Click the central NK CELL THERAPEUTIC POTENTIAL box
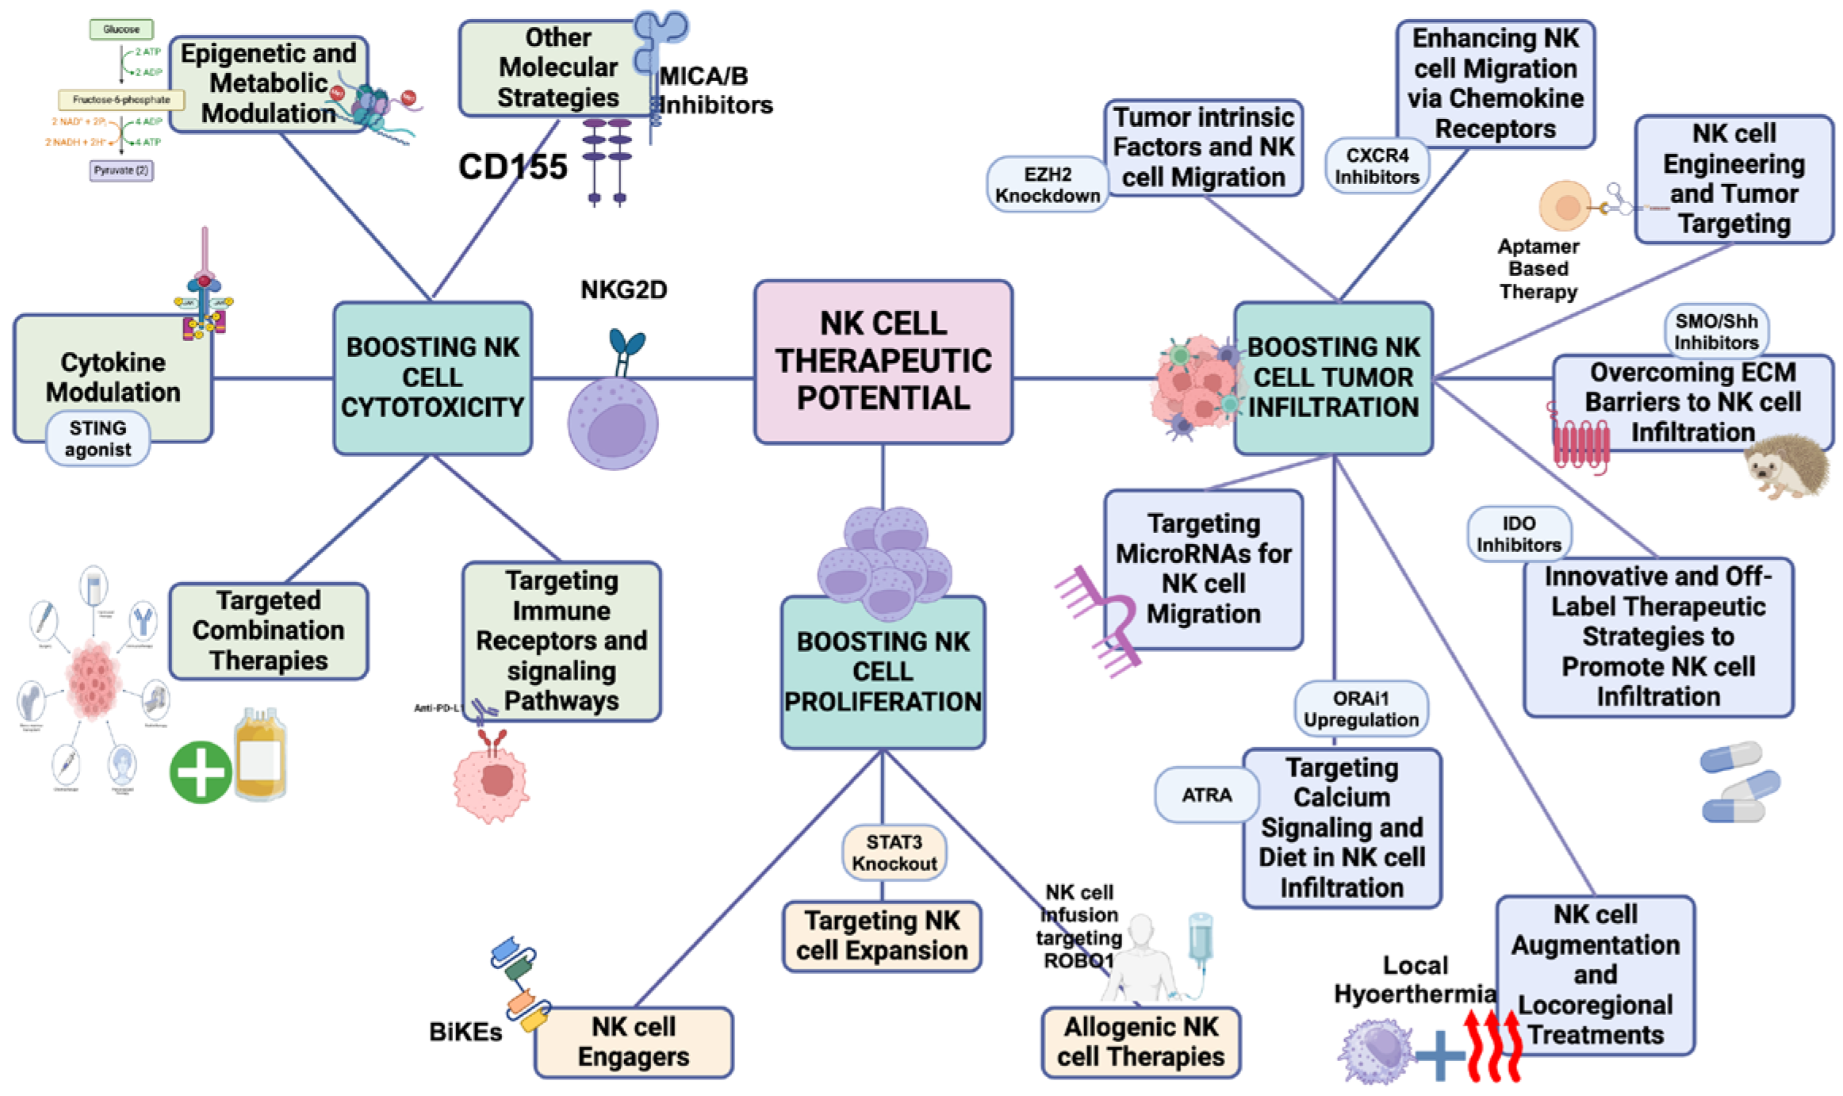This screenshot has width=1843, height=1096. [883, 362]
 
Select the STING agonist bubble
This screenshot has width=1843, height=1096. [98, 439]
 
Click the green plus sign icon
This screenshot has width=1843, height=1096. [200, 772]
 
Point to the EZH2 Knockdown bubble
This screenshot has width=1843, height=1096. [1047, 185]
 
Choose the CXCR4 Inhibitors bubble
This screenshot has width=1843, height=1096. [1377, 166]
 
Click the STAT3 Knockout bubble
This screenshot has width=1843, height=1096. [894, 853]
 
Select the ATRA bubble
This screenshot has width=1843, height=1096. [1206, 795]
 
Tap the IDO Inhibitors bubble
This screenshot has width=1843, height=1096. [1518, 534]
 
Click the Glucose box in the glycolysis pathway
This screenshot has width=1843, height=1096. [121, 29]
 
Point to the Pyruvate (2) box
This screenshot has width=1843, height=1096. [121, 171]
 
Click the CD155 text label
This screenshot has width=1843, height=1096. [513, 167]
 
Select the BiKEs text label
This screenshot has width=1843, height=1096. [466, 1032]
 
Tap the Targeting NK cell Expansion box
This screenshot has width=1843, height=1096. [882, 936]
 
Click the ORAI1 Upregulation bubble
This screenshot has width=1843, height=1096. [1361, 709]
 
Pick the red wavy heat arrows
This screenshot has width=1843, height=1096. [1493, 1045]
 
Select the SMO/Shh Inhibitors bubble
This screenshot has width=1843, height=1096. [1716, 331]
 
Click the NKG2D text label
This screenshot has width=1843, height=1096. [623, 290]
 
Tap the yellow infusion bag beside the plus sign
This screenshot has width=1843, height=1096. [259, 754]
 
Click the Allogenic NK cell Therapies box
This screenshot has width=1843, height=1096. [1140, 1042]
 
